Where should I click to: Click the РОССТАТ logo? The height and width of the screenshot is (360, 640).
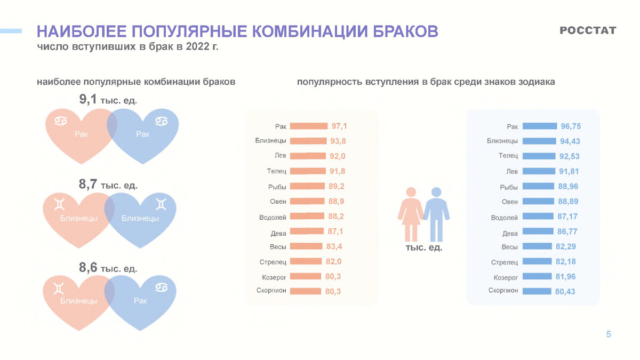(588, 30)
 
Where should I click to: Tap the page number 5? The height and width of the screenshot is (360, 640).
(609, 334)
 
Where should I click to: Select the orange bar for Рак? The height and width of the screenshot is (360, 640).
(309, 126)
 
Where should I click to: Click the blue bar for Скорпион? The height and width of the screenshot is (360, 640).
(537, 291)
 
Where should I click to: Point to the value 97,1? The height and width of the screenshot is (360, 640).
(339, 126)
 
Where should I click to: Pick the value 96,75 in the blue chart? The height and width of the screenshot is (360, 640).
(571, 126)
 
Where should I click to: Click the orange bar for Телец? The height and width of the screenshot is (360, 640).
(308, 171)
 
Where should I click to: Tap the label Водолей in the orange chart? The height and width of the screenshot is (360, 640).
(273, 217)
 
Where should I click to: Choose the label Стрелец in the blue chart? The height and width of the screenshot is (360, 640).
(505, 262)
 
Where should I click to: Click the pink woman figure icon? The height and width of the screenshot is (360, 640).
(411, 213)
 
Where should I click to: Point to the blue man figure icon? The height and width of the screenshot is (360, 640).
(437, 213)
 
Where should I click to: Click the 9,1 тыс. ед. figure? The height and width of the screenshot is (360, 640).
(108, 99)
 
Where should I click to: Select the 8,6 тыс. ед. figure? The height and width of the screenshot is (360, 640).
(108, 268)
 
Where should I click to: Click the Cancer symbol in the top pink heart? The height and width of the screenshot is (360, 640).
(60, 122)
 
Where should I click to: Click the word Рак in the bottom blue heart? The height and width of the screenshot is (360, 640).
(140, 301)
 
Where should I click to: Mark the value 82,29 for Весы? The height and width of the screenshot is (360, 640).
(566, 246)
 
